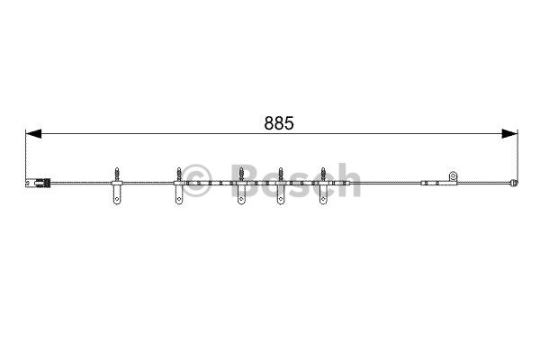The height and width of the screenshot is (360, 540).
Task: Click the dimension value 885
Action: point(279,123)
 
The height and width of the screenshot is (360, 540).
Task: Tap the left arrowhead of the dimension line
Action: point(33,134)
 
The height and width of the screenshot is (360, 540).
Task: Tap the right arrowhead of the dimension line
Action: point(509,134)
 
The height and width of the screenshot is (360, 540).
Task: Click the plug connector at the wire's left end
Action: point(39,183)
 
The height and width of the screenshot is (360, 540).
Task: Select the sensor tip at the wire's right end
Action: point(514,183)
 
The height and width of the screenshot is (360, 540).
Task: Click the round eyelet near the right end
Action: point(453,176)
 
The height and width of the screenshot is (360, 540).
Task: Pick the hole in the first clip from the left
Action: point(117,199)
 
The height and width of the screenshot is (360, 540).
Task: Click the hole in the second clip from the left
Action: point(179,199)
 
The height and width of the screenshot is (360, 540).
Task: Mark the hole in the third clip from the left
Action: point(241,199)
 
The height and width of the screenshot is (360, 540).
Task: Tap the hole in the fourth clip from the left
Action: point(281,199)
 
